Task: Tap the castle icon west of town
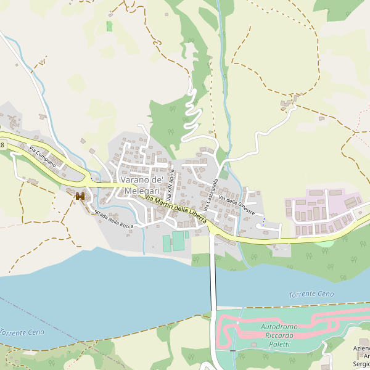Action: pyautogui.click(x=80, y=196)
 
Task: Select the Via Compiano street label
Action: pyautogui.click(x=42, y=157)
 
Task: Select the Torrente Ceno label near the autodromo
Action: pyautogui.click(x=311, y=295)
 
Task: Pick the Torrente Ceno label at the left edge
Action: pyautogui.click(x=22, y=332)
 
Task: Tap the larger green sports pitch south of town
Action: pyautogui.click(x=178, y=241)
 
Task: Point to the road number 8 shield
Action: pyautogui.click(x=2, y=145)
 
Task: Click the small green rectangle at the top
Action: pyautogui.click(x=109, y=26)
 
